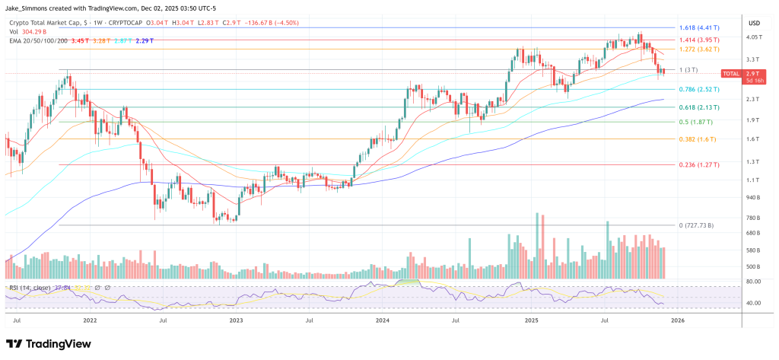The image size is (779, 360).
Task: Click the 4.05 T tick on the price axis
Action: click(x=754, y=37)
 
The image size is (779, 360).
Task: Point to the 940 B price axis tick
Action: click(x=753, y=197)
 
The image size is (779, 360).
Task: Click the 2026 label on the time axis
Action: click(x=676, y=321)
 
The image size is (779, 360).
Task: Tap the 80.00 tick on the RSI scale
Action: click(x=753, y=282)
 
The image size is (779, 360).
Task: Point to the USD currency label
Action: click(x=755, y=22)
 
